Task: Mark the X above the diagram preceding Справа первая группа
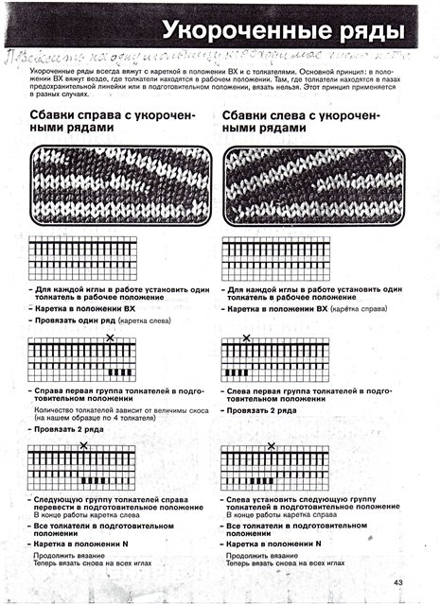[110, 337]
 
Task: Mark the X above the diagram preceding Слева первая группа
[247, 337]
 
